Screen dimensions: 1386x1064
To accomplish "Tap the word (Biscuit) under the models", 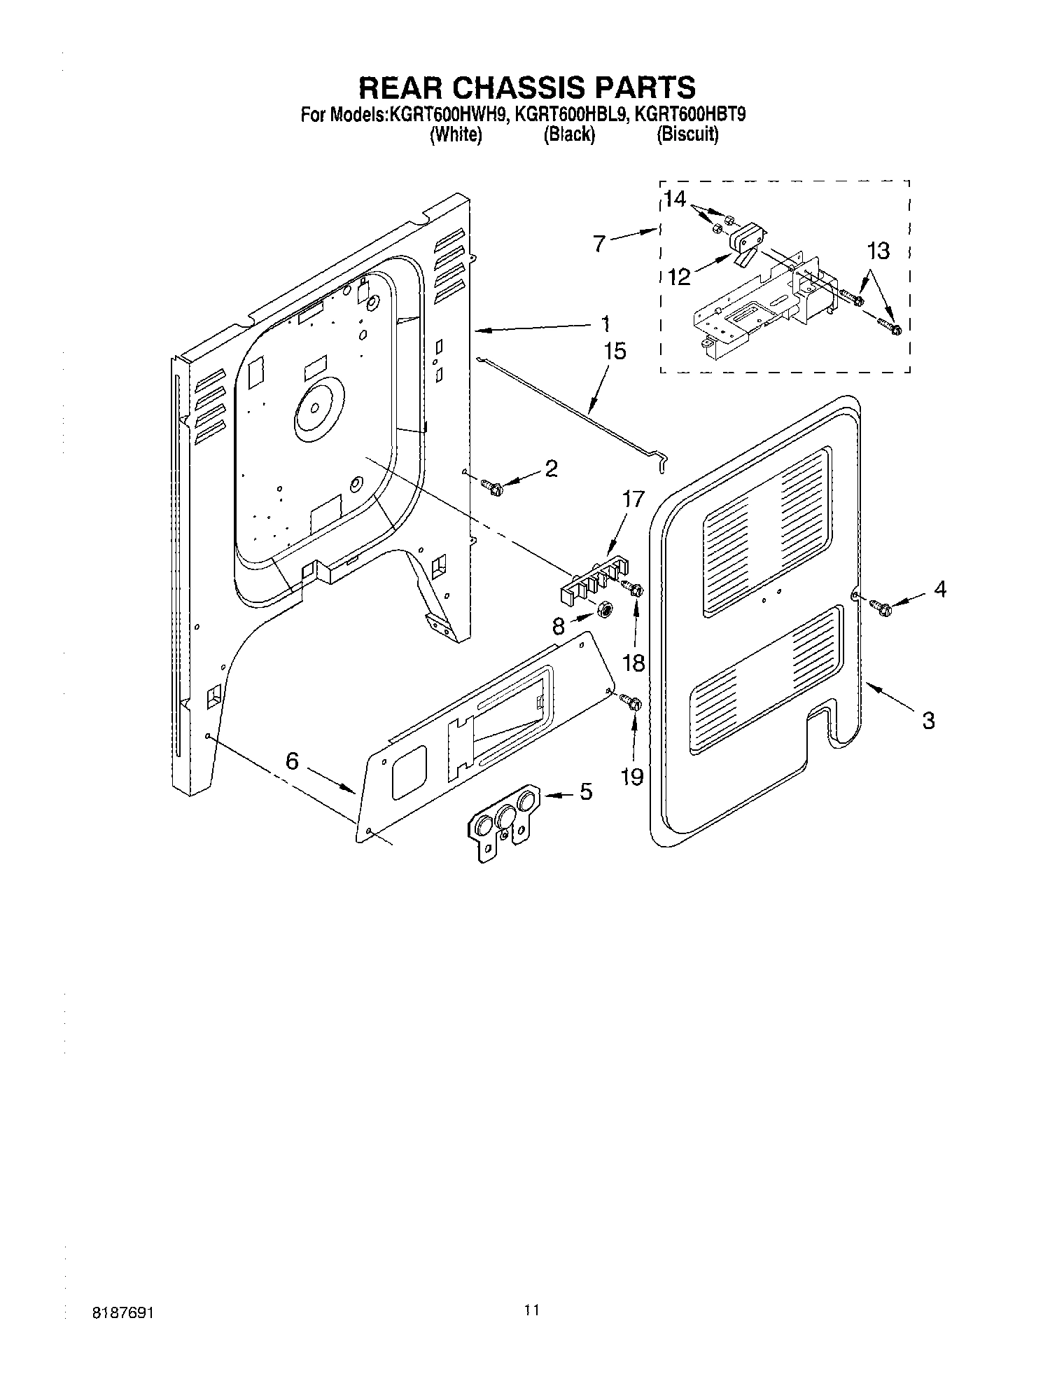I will click(687, 134).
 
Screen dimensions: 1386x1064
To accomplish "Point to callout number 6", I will click(293, 761).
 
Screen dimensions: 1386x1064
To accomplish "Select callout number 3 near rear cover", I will click(928, 720).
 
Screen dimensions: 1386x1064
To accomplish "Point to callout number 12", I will click(678, 277).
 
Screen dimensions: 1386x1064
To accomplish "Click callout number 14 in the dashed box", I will click(675, 200).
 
